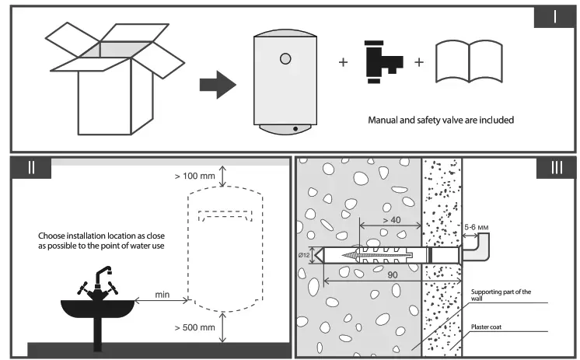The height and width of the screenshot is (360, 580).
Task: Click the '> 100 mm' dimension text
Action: [x=195, y=177]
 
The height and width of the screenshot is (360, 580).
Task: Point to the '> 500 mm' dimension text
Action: [x=195, y=327]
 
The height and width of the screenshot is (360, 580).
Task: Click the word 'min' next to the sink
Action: [x=163, y=293]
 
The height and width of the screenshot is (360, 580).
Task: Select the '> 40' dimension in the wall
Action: [x=392, y=220]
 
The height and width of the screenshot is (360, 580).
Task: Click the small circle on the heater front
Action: [x=284, y=58]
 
